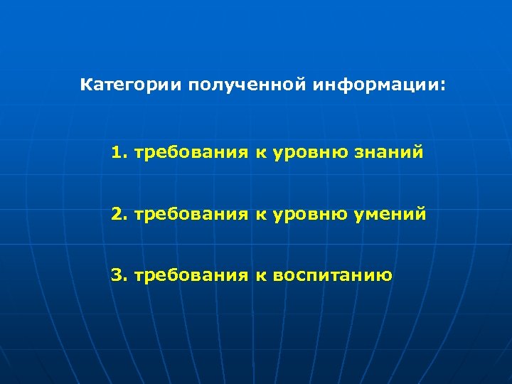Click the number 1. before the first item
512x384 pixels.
pyautogui.click(x=119, y=152)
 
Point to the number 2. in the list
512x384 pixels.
pyautogui.click(x=119, y=213)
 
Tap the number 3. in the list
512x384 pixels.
pyautogui.click(x=119, y=274)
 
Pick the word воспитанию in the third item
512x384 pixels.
pyautogui.click(x=332, y=274)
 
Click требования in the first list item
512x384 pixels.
pyautogui.click(x=191, y=152)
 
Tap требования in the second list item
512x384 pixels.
pyautogui.click(x=191, y=213)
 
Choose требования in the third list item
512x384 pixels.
pyautogui.click(x=191, y=274)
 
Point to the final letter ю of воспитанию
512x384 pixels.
pyautogui.click(x=385, y=275)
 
